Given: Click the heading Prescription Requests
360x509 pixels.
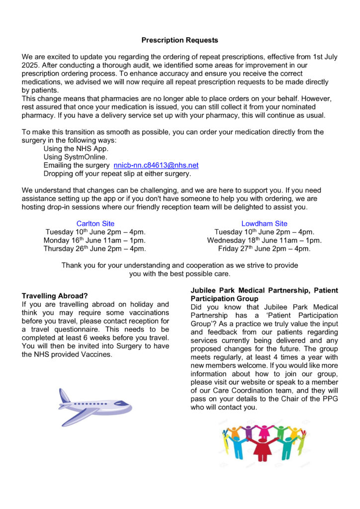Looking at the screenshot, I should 180,40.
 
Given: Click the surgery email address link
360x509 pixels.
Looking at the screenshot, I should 156,165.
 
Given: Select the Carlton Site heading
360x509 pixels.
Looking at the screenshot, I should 95,224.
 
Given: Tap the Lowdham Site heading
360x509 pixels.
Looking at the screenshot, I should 264,224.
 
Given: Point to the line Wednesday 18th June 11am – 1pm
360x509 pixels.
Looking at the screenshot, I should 264,241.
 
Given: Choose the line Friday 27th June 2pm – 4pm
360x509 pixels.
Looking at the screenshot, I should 264,249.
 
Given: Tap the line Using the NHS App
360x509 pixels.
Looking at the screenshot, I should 76,149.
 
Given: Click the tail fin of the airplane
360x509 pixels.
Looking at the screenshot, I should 65,396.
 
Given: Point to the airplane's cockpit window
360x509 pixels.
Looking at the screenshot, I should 121,403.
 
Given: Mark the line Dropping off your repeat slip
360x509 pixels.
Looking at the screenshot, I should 117,173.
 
